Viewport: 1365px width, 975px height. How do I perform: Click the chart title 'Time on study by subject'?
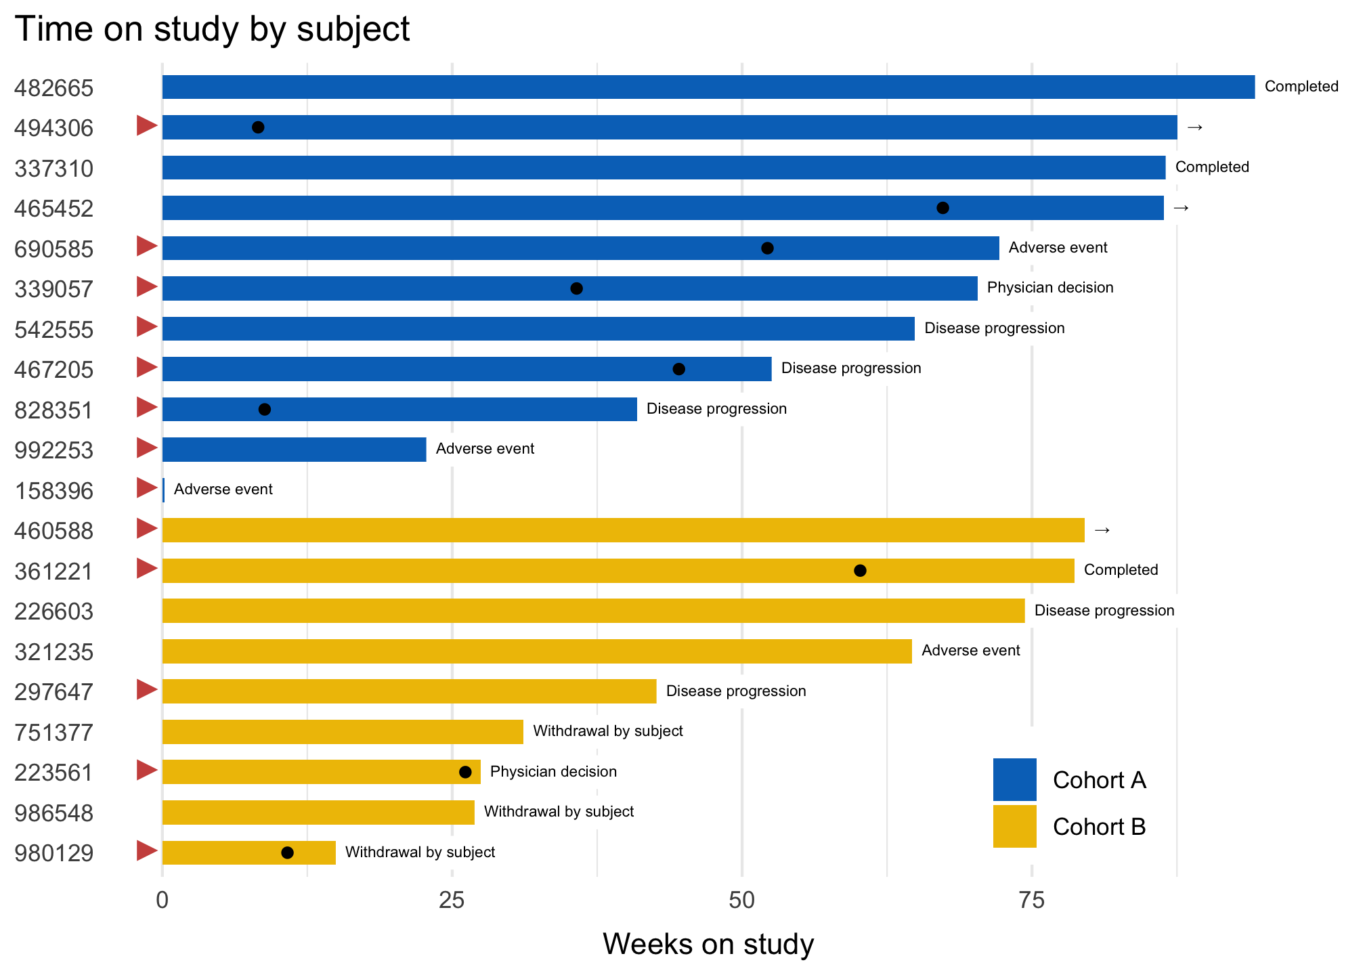212,30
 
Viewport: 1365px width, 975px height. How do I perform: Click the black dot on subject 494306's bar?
258,127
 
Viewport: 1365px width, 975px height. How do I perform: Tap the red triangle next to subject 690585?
146,246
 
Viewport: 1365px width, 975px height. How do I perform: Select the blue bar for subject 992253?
294,450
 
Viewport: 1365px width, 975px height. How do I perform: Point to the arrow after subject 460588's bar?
1102,530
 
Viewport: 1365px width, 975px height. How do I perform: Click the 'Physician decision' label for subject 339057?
1049,288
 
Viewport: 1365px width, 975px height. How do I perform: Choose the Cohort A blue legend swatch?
1014,779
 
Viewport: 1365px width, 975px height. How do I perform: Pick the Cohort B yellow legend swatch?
1014,826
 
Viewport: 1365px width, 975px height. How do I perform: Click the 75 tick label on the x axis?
1031,901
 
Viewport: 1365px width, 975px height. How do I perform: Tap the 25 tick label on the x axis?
452,901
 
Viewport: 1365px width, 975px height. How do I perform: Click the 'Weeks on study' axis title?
708,944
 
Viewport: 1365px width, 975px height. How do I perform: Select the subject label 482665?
54,88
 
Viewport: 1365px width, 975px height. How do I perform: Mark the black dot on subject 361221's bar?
860,571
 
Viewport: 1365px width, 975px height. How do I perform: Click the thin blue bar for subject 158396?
163,490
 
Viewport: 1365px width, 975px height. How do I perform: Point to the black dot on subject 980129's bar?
287,852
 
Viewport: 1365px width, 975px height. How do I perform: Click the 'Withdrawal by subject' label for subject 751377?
607,731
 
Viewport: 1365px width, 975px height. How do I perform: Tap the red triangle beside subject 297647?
146,690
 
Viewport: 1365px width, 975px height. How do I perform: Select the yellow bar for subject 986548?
318,812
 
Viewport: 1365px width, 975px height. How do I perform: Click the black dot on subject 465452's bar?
942,208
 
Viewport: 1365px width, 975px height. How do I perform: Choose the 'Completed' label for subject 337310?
1211,167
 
